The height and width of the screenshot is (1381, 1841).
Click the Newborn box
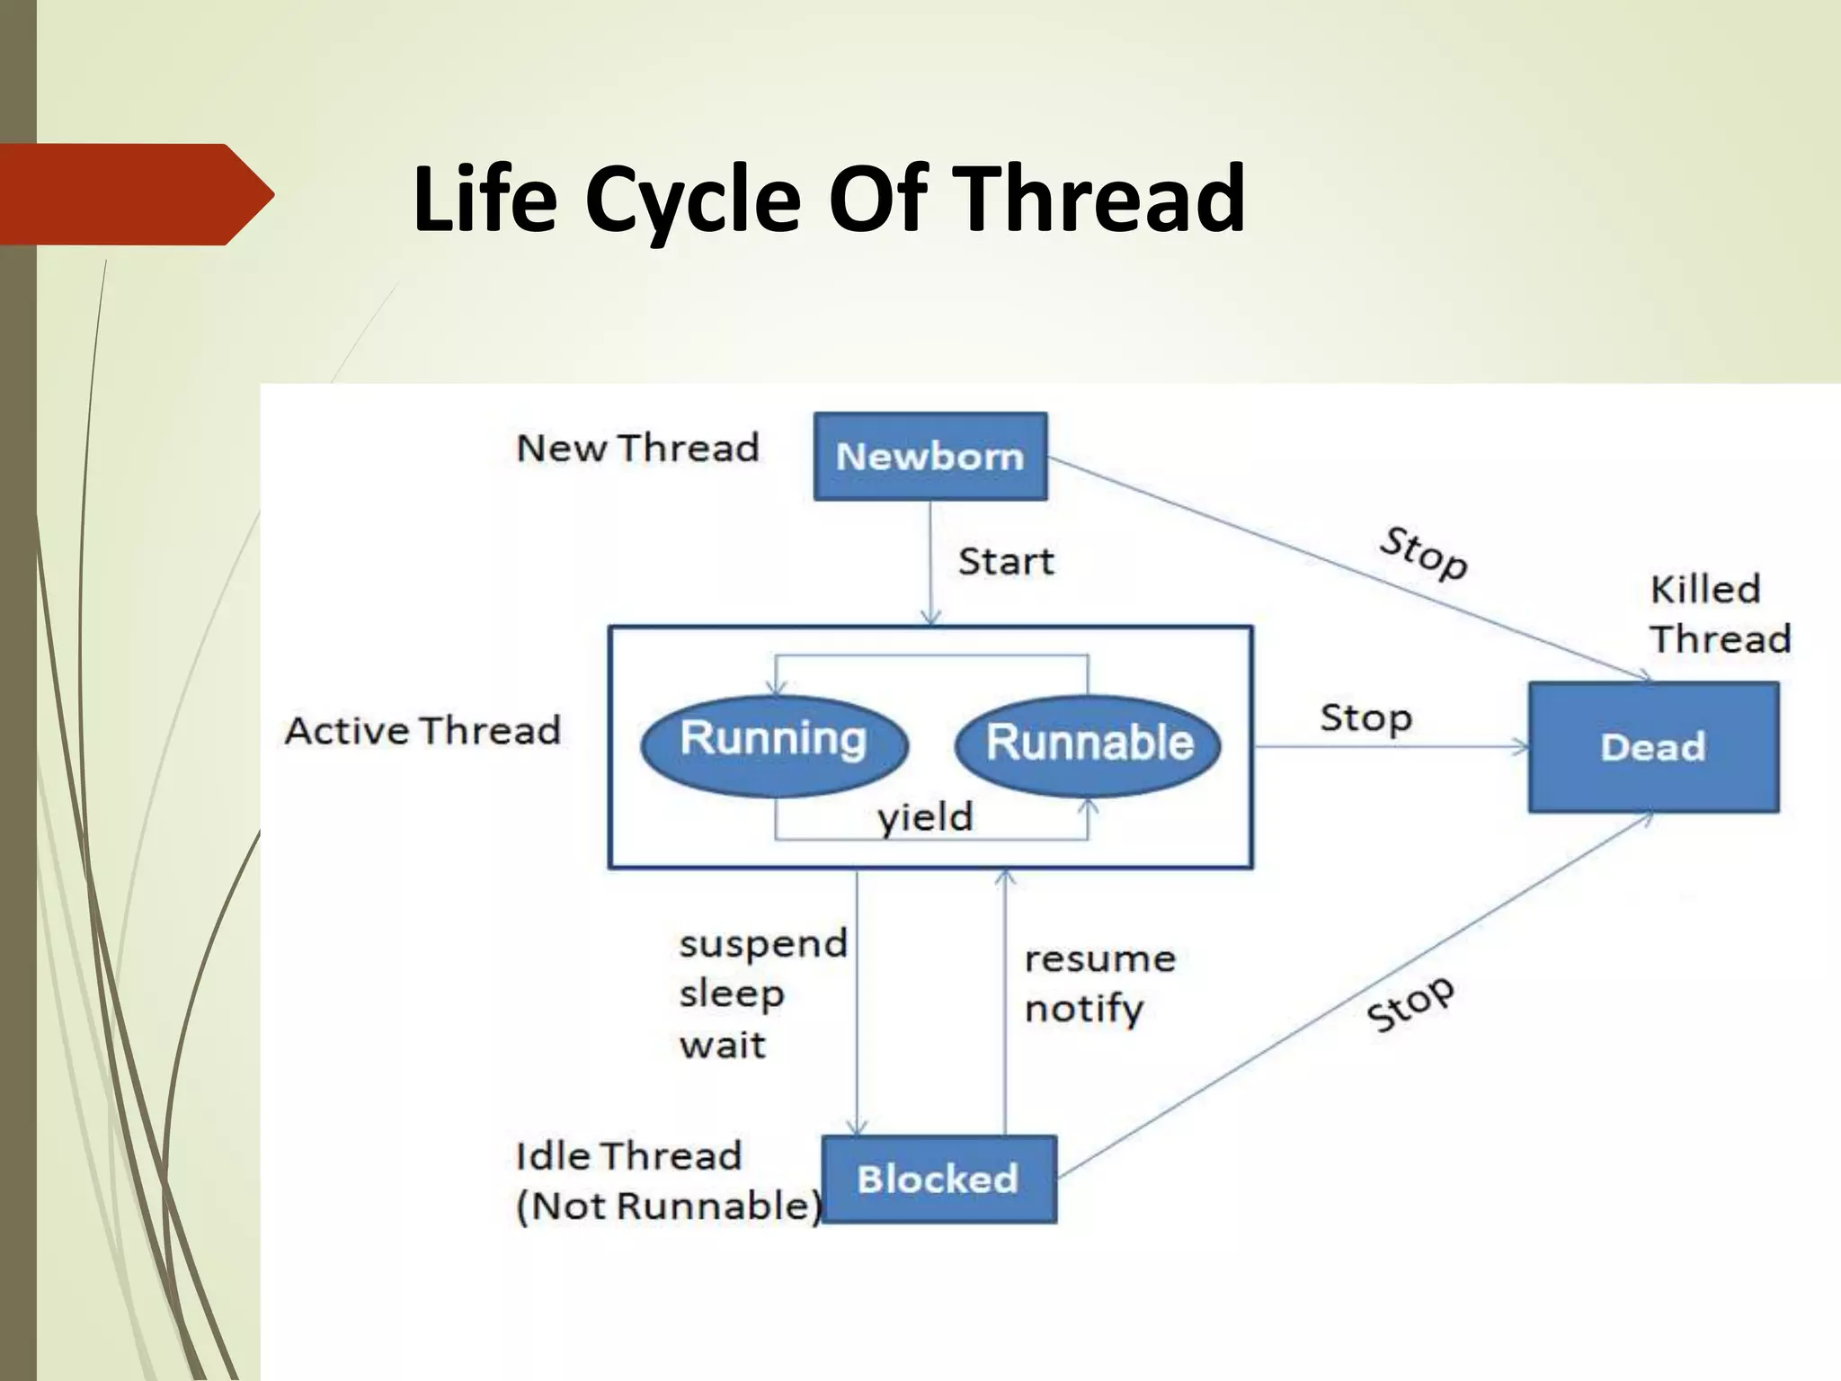930,457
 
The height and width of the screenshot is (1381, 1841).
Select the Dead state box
1653,747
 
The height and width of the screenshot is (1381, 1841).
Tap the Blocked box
938,1179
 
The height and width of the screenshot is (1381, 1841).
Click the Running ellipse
774,745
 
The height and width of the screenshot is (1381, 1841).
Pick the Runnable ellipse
1089,745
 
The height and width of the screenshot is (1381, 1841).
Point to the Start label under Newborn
1006,562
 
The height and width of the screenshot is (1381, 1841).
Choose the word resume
1100,959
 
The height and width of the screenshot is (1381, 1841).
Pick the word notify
1083,1010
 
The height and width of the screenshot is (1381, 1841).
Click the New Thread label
637,448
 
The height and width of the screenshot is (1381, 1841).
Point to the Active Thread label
422,730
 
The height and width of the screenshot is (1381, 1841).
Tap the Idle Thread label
628,1156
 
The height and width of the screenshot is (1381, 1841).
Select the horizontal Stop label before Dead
1365,718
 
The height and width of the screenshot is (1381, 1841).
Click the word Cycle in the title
692,199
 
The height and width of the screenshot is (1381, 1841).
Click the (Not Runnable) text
669,1207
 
